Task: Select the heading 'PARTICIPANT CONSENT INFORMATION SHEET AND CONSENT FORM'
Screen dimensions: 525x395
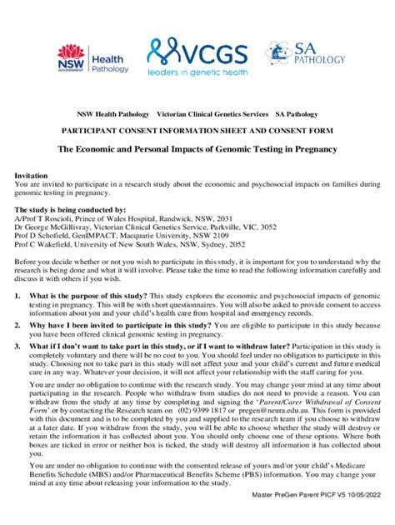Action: pyautogui.click(x=197, y=131)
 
